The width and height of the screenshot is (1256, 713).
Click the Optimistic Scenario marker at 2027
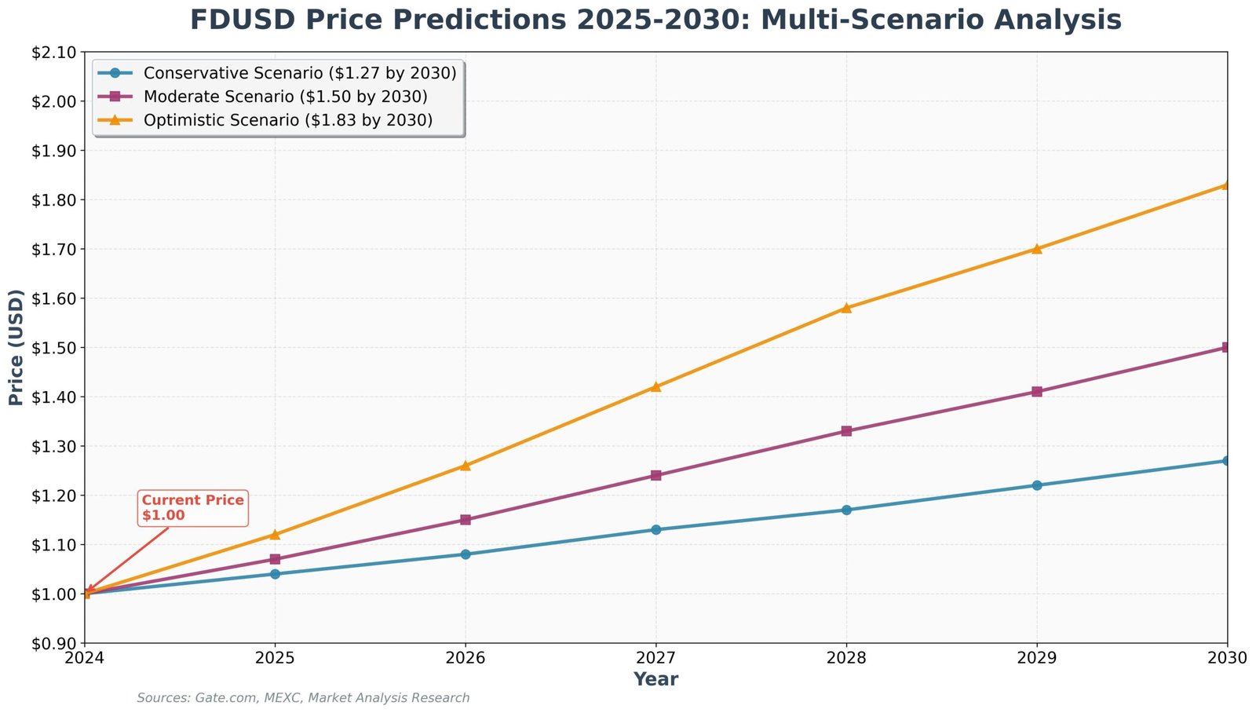point(655,386)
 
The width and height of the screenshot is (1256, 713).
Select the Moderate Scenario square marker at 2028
point(846,431)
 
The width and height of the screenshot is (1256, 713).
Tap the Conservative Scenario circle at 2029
point(1037,485)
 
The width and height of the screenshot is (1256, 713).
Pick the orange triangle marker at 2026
point(466,466)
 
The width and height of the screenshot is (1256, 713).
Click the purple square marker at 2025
point(275,559)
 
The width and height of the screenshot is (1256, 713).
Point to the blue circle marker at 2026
point(466,554)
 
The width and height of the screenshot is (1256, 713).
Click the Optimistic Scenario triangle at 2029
point(1037,249)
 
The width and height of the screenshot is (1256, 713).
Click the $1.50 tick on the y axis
point(53,348)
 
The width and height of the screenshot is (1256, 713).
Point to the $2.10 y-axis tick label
point(53,53)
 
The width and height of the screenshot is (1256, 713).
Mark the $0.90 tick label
point(53,643)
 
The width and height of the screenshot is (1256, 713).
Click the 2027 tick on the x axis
point(655,657)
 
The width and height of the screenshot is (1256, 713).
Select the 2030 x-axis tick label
point(1227,657)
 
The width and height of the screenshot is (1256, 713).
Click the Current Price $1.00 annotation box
point(192,508)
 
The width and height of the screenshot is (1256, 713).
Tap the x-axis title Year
point(655,679)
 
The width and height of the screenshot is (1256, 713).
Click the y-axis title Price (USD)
point(16,347)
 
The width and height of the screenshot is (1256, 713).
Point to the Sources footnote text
point(303,698)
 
